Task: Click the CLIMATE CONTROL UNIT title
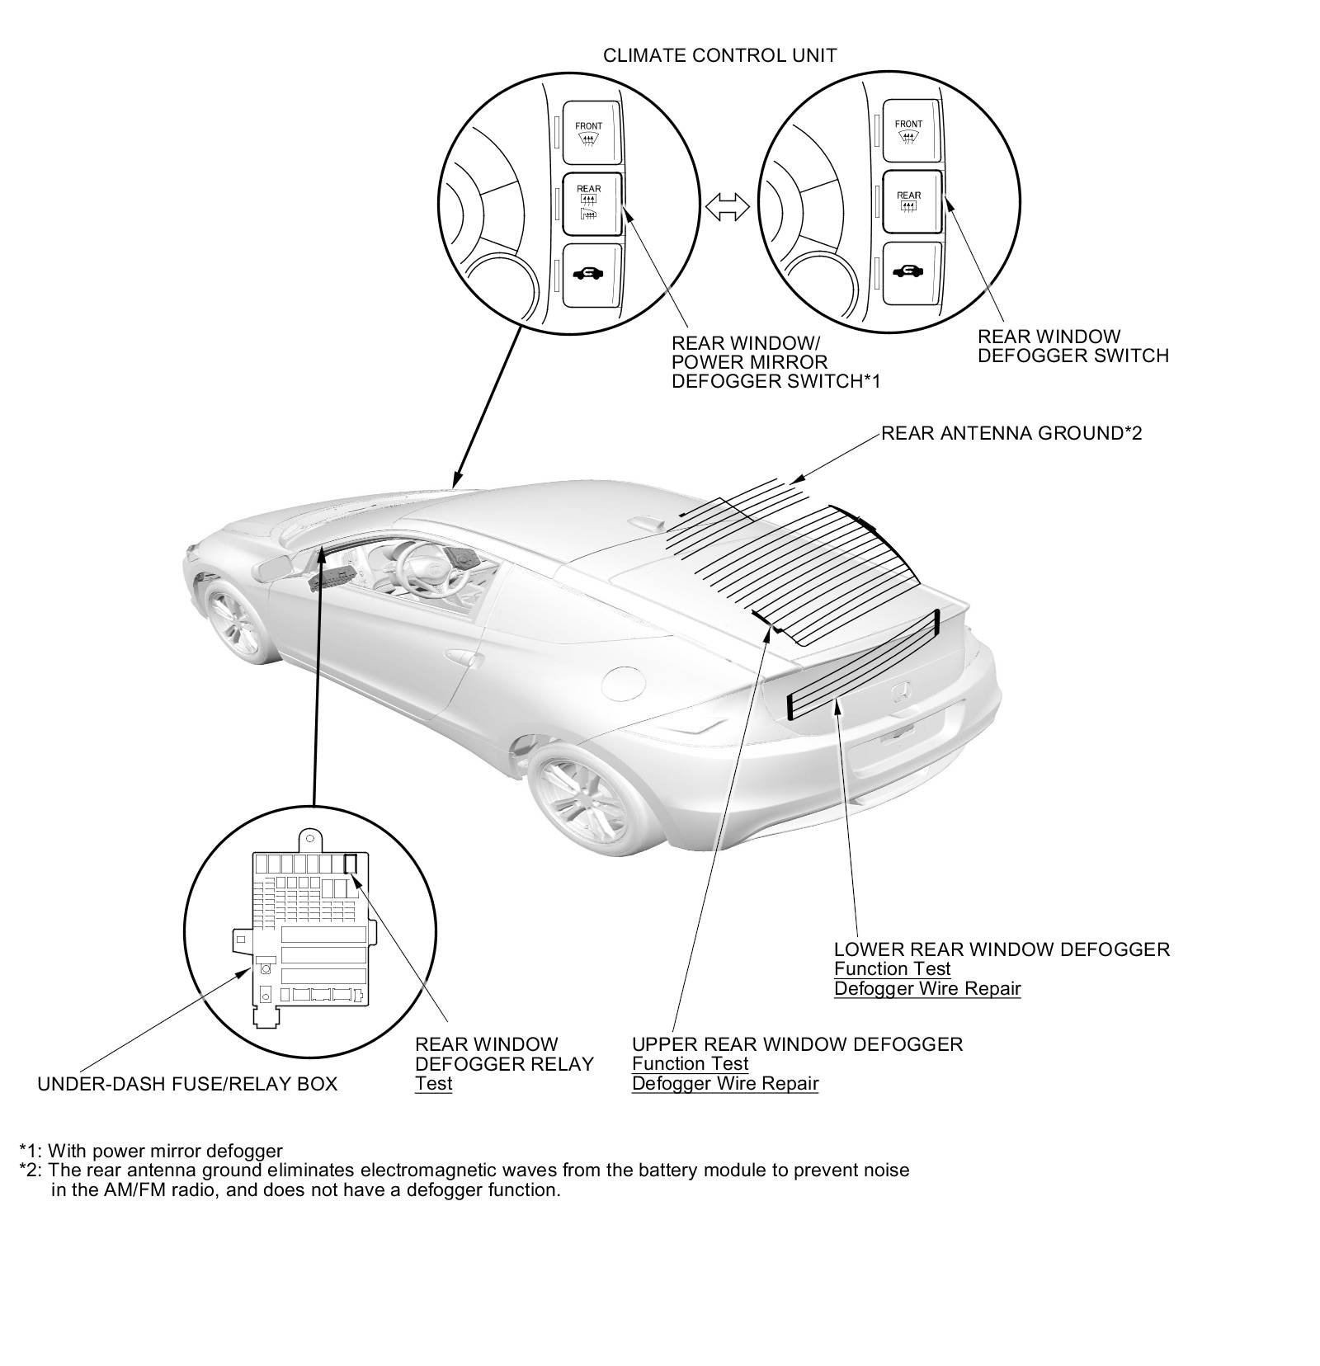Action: [719, 55]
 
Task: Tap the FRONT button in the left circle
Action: [589, 132]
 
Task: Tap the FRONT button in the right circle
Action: [909, 130]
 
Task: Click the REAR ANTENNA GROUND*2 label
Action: [1011, 433]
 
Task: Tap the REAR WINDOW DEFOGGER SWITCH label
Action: [1072, 346]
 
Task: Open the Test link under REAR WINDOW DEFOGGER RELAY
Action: [433, 1084]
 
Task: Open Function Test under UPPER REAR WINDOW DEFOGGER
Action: [690, 1064]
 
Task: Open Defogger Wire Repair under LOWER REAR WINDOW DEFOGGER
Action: [927, 988]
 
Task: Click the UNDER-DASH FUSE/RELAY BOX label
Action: [187, 1084]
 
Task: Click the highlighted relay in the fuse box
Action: [350, 864]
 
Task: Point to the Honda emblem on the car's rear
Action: [903, 691]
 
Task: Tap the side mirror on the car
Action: [275, 568]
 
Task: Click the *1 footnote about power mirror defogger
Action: [151, 1151]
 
